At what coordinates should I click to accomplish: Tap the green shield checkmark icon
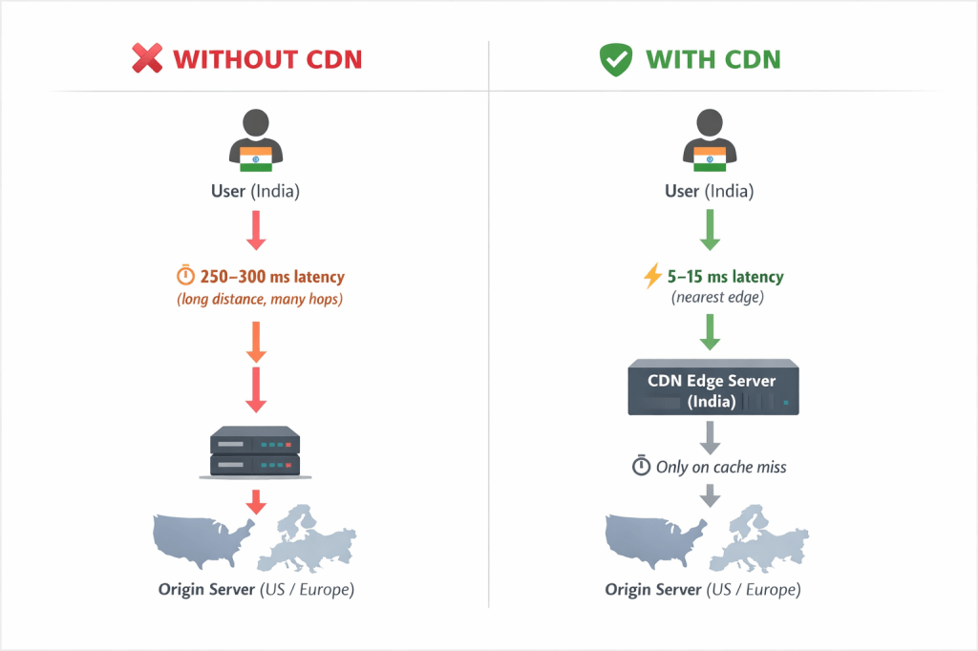[x=616, y=59]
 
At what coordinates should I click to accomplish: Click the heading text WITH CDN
[x=712, y=59]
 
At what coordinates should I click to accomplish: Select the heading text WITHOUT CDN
[x=267, y=59]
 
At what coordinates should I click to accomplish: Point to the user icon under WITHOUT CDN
[x=255, y=141]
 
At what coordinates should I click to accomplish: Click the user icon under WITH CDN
[x=709, y=141]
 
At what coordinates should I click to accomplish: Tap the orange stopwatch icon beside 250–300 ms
[x=185, y=277]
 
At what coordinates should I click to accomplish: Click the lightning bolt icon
[x=653, y=277]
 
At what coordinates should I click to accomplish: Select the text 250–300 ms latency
[x=272, y=277]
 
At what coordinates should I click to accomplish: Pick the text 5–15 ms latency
[x=726, y=277]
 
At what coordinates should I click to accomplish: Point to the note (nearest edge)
[x=713, y=298]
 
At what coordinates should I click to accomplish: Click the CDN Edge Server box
[x=712, y=390]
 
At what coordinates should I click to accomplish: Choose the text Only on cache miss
[x=721, y=467]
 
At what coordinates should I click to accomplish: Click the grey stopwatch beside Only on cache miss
[x=641, y=467]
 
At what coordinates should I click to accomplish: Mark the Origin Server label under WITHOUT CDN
[x=255, y=589]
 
